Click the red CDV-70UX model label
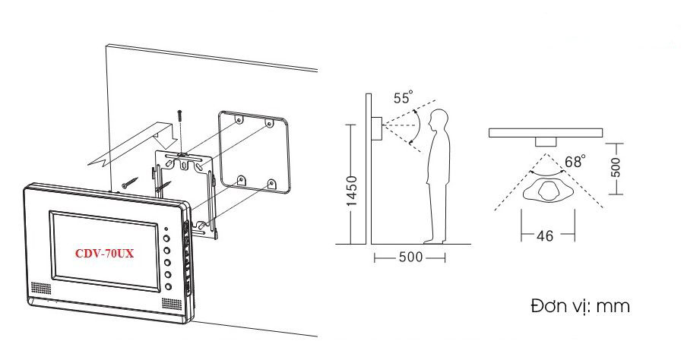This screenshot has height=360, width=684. click(104, 253)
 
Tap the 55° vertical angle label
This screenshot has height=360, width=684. click(403, 97)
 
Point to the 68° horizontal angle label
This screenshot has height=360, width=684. click(575, 161)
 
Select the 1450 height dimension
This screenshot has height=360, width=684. click(352, 191)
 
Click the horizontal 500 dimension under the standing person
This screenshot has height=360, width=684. click(411, 257)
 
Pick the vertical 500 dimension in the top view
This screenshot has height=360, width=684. click(615, 167)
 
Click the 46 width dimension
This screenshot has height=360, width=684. click(544, 235)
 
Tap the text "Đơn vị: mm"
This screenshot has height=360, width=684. click(580, 306)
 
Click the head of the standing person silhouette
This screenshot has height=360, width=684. click(439, 119)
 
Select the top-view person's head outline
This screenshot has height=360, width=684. click(547, 191)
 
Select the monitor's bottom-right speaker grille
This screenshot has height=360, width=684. click(172, 304)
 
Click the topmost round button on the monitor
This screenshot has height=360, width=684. click(167, 238)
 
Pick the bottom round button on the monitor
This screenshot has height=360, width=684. click(169, 287)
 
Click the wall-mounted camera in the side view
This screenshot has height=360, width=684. click(376, 128)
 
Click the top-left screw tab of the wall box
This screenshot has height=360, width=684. click(239, 118)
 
